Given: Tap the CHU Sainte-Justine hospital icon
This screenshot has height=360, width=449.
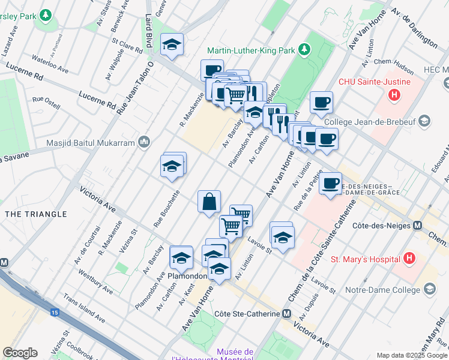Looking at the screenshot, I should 394,94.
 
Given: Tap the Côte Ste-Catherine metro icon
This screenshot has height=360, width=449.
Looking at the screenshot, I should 287,314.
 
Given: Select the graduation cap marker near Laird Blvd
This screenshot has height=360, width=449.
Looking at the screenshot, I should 172,45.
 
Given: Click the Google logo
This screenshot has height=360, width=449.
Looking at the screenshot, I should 20,353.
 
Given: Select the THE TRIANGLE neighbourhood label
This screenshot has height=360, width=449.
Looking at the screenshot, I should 35,214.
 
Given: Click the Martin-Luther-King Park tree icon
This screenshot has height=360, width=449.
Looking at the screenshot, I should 306,49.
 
